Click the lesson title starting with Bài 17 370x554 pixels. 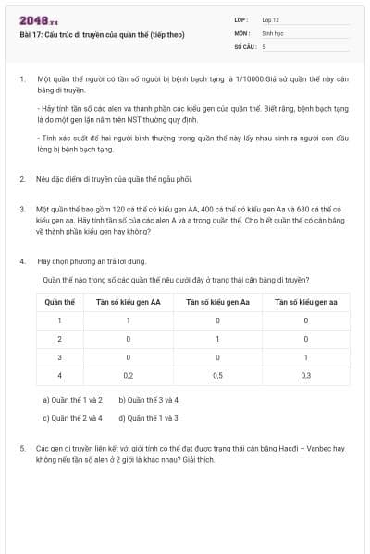click(x=103, y=34)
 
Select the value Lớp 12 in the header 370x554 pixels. click(x=271, y=19)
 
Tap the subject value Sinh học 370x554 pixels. click(x=272, y=32)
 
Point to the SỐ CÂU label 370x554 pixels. click(x=244, y=45)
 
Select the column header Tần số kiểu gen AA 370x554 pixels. click(x=129, y=302)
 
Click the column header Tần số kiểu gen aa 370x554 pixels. click(x=305, y=302)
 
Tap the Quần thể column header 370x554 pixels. click(x=59, y=302)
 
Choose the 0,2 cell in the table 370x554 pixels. click(x=129, y=376)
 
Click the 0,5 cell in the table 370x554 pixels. click(x=216, y=376)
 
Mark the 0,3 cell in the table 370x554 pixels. click(x=305, y=376)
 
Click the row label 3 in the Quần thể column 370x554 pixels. click(x=59, y=357)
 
